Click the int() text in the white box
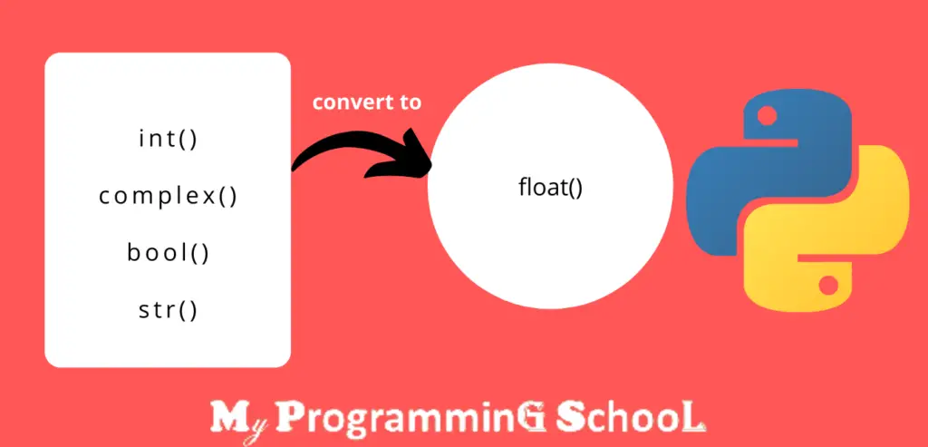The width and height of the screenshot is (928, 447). pyautogui.click(x=169, y=140)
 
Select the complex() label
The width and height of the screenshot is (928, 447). pyautogui.click(x=169, y=196)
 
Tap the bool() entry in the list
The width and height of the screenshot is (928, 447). pyautogui.click(x=169, y=252)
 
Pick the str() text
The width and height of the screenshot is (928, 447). pyautogui.click(x=169, y=309)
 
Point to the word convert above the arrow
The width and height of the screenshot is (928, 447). pyautogui.click(x=345, y=102)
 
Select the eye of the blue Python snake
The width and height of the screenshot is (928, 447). pyautogui.click(x=765, y=115)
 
